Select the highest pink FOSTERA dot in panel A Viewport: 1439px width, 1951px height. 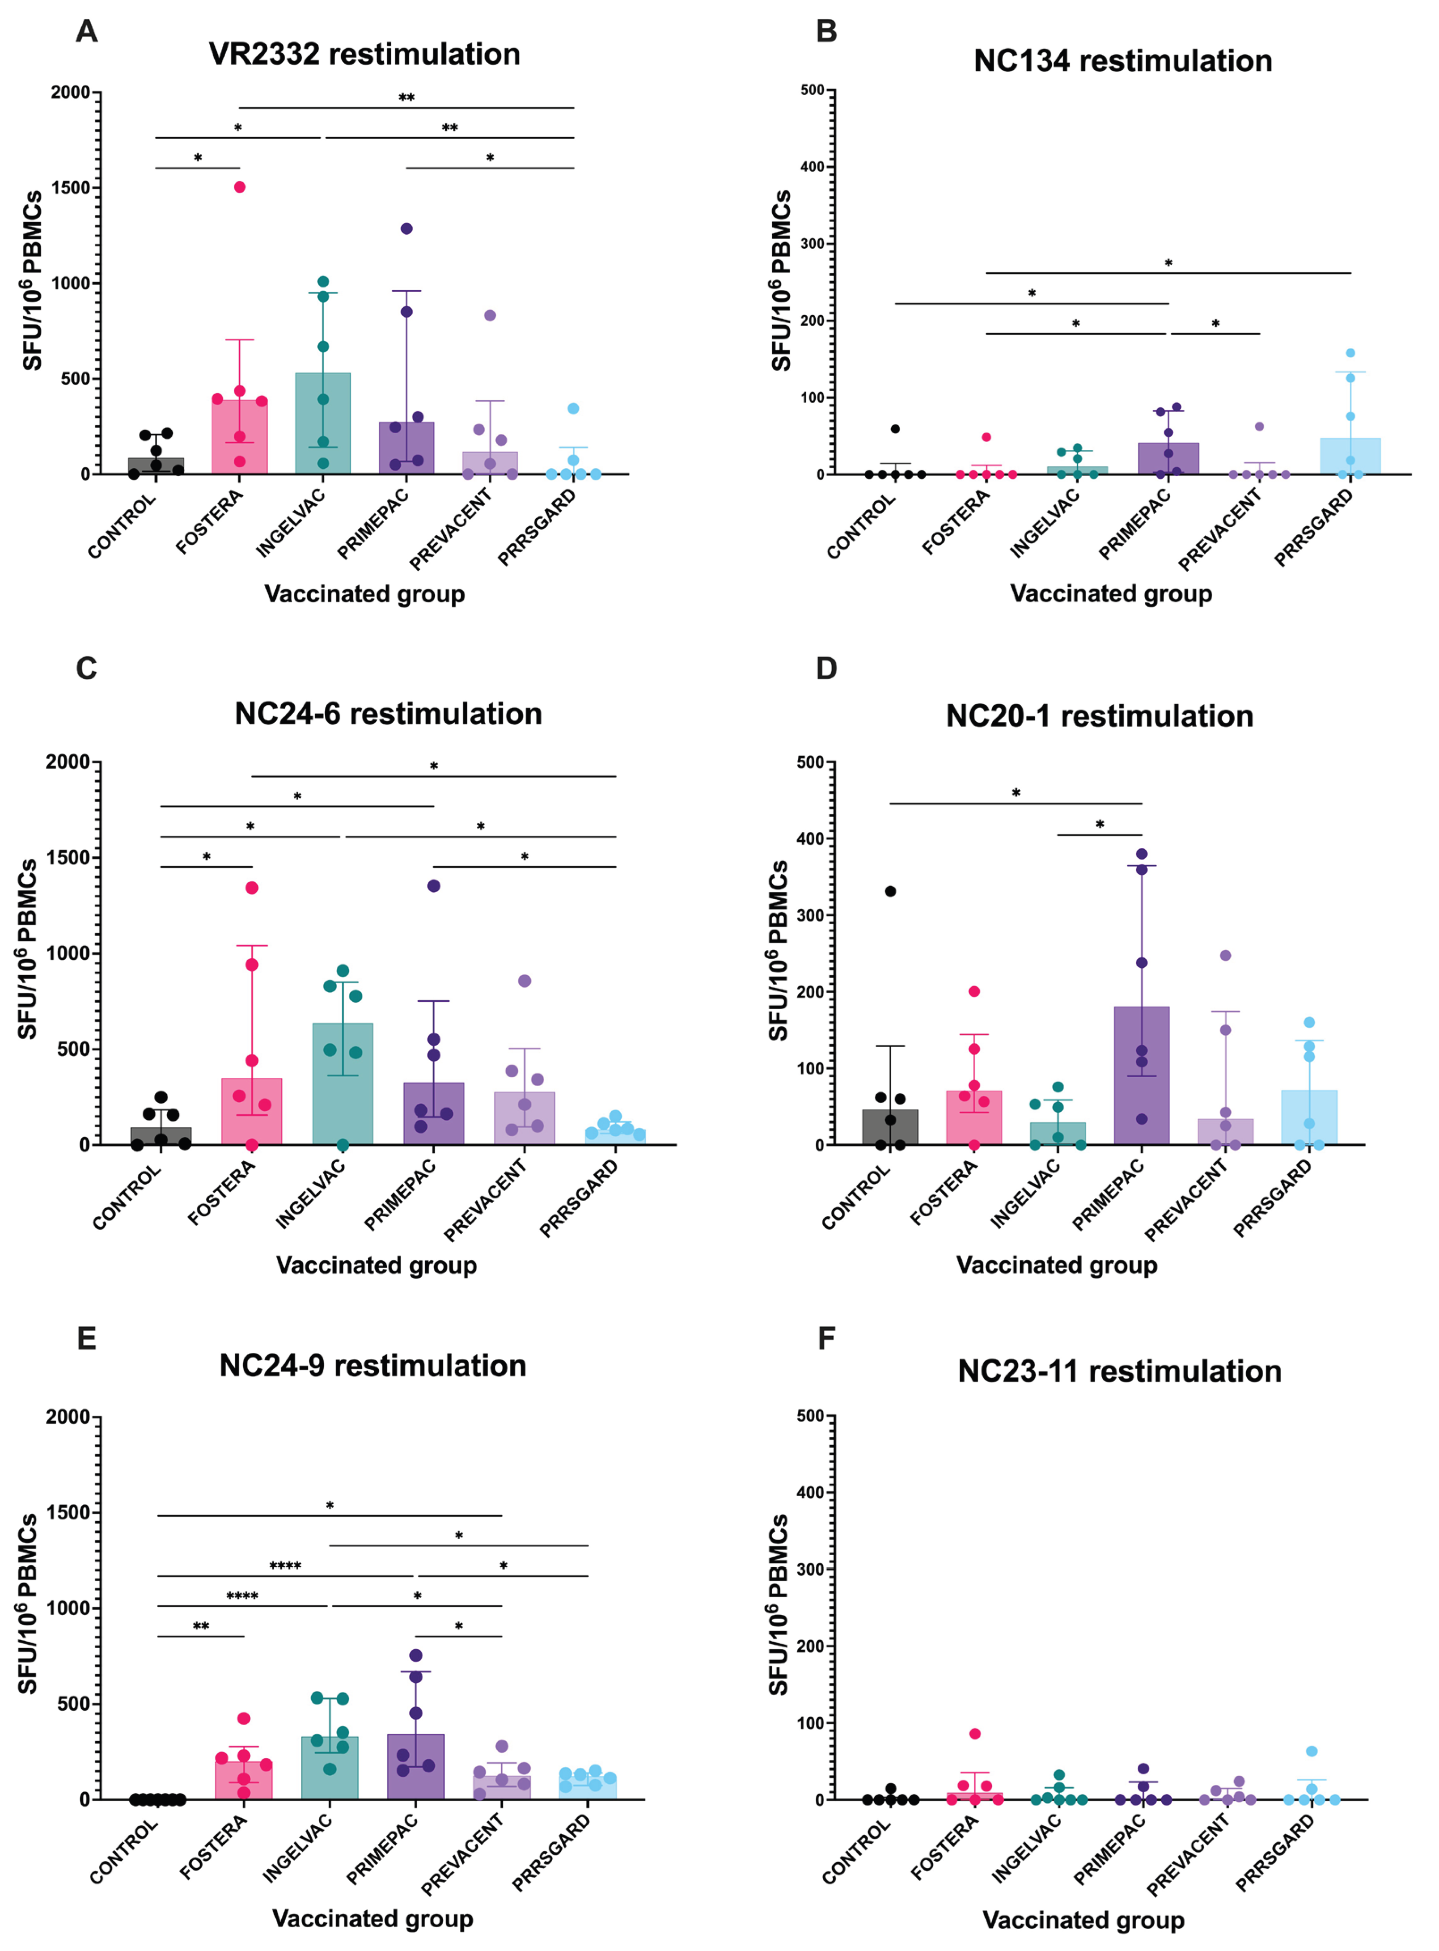pos(240,187)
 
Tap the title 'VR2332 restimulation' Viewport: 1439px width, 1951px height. pos(364,54)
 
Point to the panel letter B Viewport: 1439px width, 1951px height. pos(826,31)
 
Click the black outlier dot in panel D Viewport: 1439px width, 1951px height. pos(890,891)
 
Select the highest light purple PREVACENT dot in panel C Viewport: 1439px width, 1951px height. pos(525,981)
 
